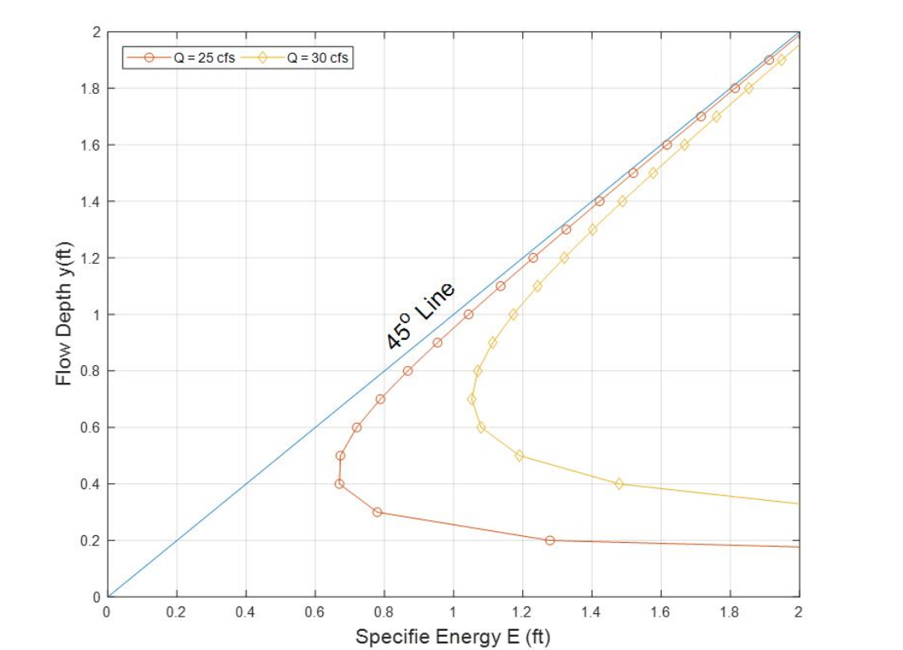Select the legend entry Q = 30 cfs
click(313, 57)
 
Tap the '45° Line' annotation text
click(420, 316)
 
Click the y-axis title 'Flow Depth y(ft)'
click(64, 314)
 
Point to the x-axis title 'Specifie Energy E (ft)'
click(453, 637)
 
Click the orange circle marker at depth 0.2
click(550, 540)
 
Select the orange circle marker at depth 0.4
click(339, 484)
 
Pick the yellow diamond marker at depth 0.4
click(619, 484)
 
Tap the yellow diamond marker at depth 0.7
click(472, 400)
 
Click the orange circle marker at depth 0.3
click(377, 512)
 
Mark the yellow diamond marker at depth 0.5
click(520, 456)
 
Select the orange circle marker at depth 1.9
click(769, 59)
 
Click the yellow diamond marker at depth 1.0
click(513, 314)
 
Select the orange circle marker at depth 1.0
click(468, 314)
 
